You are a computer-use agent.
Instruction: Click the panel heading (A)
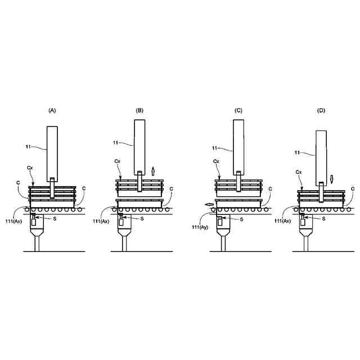52,110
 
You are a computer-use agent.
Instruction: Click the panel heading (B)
139,110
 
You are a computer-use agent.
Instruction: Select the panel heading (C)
238,110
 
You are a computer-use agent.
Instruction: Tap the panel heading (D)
321,110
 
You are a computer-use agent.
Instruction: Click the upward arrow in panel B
153,171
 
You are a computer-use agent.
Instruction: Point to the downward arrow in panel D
331,179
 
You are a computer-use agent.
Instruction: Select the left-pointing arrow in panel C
209,204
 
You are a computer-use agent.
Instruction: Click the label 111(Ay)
200,227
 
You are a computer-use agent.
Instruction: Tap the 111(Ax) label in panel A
13,221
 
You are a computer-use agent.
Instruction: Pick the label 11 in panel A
28,146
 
